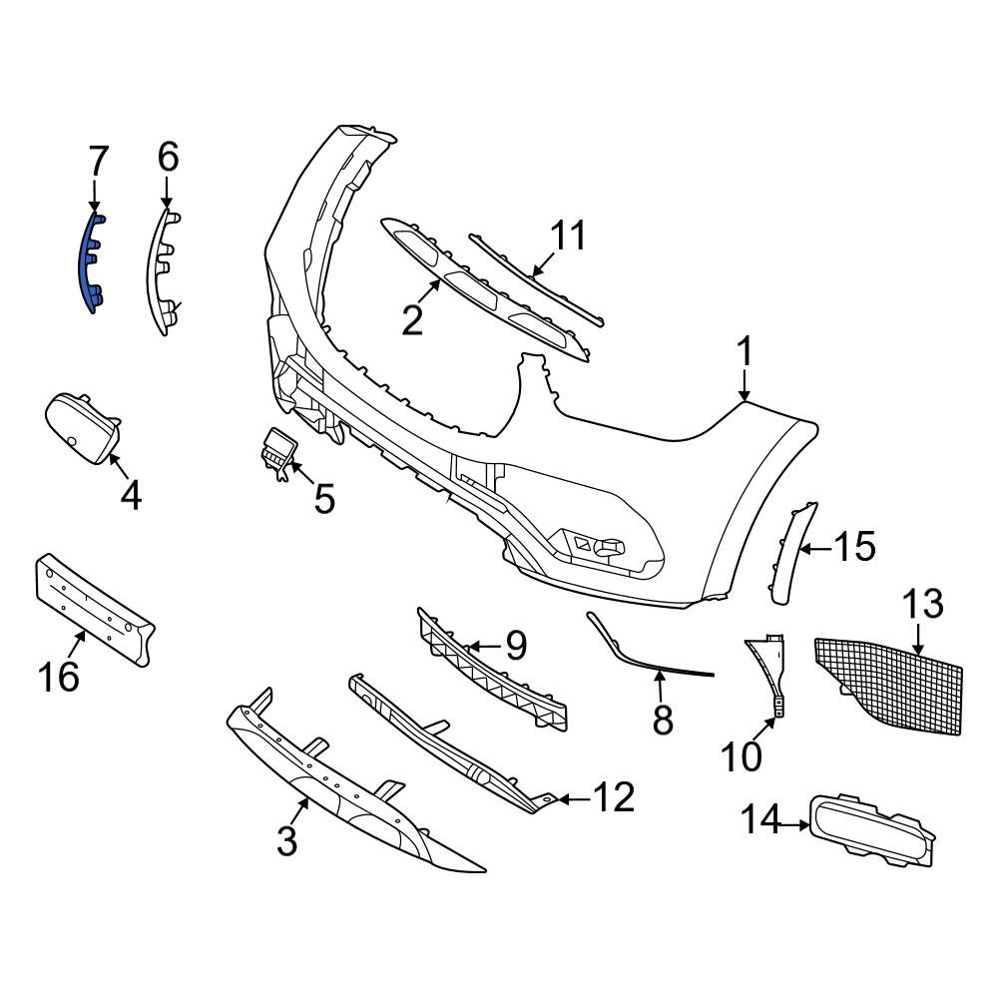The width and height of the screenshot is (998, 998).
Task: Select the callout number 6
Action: (x=167, y=157)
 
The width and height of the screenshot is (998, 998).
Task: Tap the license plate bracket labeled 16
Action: (x=95, y=608)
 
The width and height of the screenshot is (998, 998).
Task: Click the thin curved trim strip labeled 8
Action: (x=649, y=654)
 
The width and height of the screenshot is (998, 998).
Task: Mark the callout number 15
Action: (x=854, y=547)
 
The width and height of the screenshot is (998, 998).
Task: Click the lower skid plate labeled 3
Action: (x=349, y=788)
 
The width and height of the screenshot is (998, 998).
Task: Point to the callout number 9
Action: (x=514, y=646)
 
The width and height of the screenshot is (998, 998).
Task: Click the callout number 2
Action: (x=412, y=319)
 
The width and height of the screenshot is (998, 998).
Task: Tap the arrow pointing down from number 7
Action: (x=96, y=195)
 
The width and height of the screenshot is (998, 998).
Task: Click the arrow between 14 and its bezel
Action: (x=794, y=824)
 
